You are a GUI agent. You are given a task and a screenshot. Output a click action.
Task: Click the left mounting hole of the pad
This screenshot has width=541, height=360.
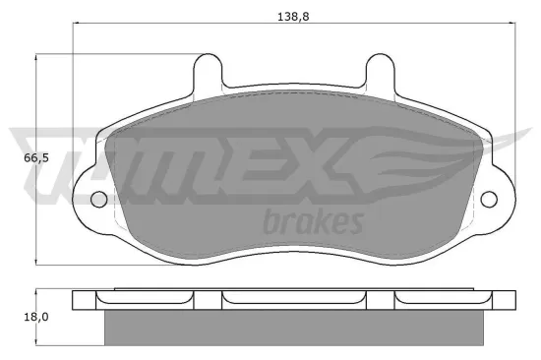pos(98,200)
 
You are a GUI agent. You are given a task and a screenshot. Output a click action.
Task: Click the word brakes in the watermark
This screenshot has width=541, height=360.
pos(314,221)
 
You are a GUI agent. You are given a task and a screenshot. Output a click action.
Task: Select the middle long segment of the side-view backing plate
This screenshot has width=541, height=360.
pos(295,300)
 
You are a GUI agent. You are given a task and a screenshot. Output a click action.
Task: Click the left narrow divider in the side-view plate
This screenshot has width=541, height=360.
pos(209,300)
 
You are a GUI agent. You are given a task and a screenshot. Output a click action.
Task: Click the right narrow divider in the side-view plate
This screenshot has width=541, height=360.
pos(382,300)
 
